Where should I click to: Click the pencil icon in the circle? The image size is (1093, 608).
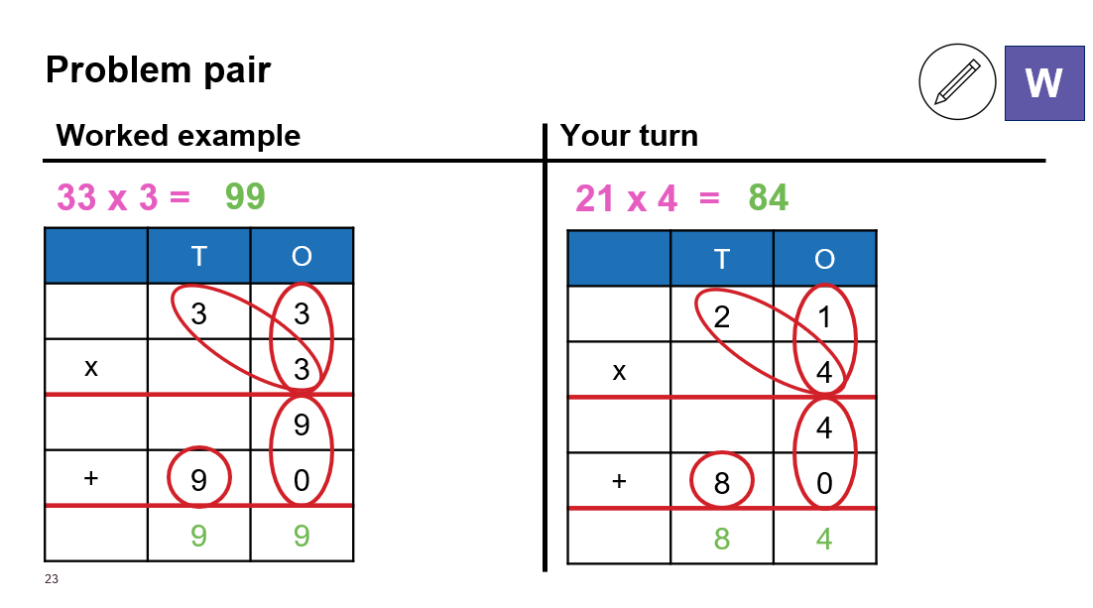coord(957,81)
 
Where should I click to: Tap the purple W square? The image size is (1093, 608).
coord(1044,83)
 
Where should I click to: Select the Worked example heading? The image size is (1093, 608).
coord(178,135)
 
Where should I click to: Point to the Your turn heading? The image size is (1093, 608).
coord(629,135)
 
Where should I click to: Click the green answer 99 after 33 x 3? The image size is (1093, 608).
coord(245,196)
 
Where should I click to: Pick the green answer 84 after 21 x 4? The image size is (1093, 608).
coord(768,198)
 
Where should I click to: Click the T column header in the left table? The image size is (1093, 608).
coord(198,256)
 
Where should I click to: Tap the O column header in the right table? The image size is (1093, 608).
coord(824,259)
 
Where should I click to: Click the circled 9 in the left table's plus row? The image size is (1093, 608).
coord(198,480)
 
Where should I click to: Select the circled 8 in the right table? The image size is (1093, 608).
coord(721,482)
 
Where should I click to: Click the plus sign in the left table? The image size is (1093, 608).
coord(90,478)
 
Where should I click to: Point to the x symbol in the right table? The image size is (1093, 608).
coord(619,372)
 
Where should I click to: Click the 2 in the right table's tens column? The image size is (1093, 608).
coord(721,316)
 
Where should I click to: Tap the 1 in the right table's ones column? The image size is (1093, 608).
coord(824,316)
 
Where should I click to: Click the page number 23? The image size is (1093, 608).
coord(52,578)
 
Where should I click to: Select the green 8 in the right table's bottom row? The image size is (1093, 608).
coord(721,539)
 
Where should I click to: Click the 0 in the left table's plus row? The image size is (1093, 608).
coord(302,480)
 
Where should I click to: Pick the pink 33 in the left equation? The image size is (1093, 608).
coord(76,197)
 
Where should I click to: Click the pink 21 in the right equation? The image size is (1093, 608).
coord(594,198)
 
